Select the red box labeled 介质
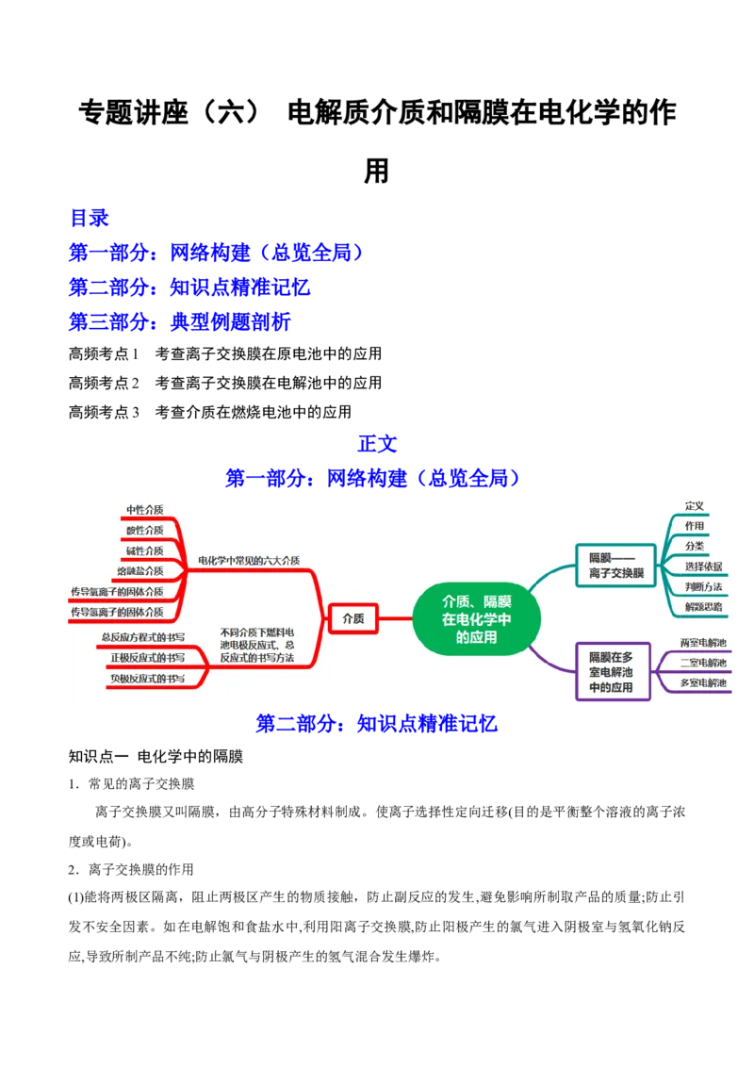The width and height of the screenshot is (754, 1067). click(x=352, y=619)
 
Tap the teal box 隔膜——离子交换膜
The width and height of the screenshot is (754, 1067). click(x=615, y=565)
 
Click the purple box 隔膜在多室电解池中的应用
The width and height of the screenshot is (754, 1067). click(x=610, y=672)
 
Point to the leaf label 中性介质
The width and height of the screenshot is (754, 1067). click(x=144, y=510)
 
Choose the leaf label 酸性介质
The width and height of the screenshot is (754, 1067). click(x=144, y=530)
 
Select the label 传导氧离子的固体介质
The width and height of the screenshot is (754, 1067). click(x=116, y=591)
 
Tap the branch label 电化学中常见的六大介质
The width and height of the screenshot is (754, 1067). click(x=249, y=561)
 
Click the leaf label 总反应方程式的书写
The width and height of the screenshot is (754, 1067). click(x=142, y=637)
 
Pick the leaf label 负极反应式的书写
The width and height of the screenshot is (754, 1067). click(x=147, y=679)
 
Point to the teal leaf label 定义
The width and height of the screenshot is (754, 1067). click(x=695, y=506)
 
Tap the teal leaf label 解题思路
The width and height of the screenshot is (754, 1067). click(x=703, y=607)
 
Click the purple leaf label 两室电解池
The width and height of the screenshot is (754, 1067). click(x=703, y=643)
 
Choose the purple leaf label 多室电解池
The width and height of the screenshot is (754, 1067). click(x=703, y=682)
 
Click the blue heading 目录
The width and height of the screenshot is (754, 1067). click(x=90, y=219)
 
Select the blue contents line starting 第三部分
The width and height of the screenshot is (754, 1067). click(x=179, y=321)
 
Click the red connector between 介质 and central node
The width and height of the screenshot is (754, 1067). click(x=396, y=619)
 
